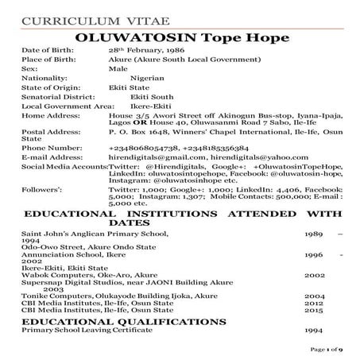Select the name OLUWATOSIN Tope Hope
[180, 37]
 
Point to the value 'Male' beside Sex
[117, 68]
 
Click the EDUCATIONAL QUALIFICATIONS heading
[124, 320]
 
